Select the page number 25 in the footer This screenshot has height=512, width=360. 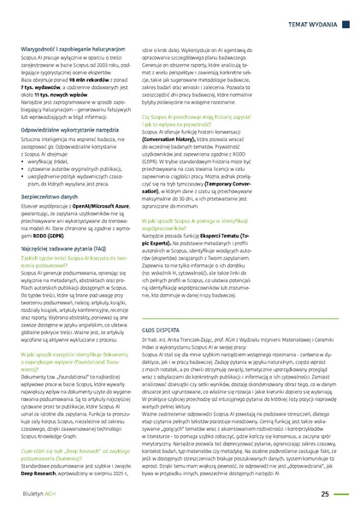click(x=326, y=493)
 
